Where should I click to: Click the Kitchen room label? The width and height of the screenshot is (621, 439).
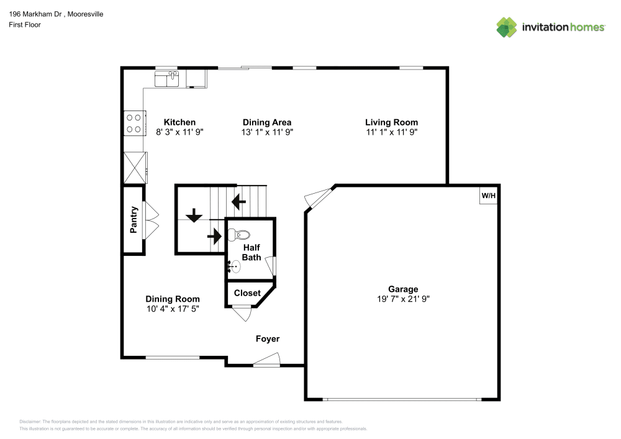179,122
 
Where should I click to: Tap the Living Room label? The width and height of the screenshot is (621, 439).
391,122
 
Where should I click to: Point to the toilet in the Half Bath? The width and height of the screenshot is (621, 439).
239,235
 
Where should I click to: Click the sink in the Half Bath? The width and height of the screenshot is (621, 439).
235,267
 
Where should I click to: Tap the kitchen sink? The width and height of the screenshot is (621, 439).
167,79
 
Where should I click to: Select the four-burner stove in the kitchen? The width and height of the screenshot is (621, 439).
134,122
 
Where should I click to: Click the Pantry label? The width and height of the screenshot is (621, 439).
134,220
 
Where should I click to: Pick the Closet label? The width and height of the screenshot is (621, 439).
247,292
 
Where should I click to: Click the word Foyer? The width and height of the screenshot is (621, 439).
268,339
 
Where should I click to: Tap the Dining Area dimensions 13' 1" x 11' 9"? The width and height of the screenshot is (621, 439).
267,132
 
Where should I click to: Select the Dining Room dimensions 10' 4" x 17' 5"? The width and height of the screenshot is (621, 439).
173,309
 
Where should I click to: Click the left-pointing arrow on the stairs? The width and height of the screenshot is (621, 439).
238,202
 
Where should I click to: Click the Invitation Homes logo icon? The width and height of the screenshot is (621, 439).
507,27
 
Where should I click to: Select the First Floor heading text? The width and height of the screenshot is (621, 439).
25,25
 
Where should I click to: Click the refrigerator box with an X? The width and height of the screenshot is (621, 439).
134,167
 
